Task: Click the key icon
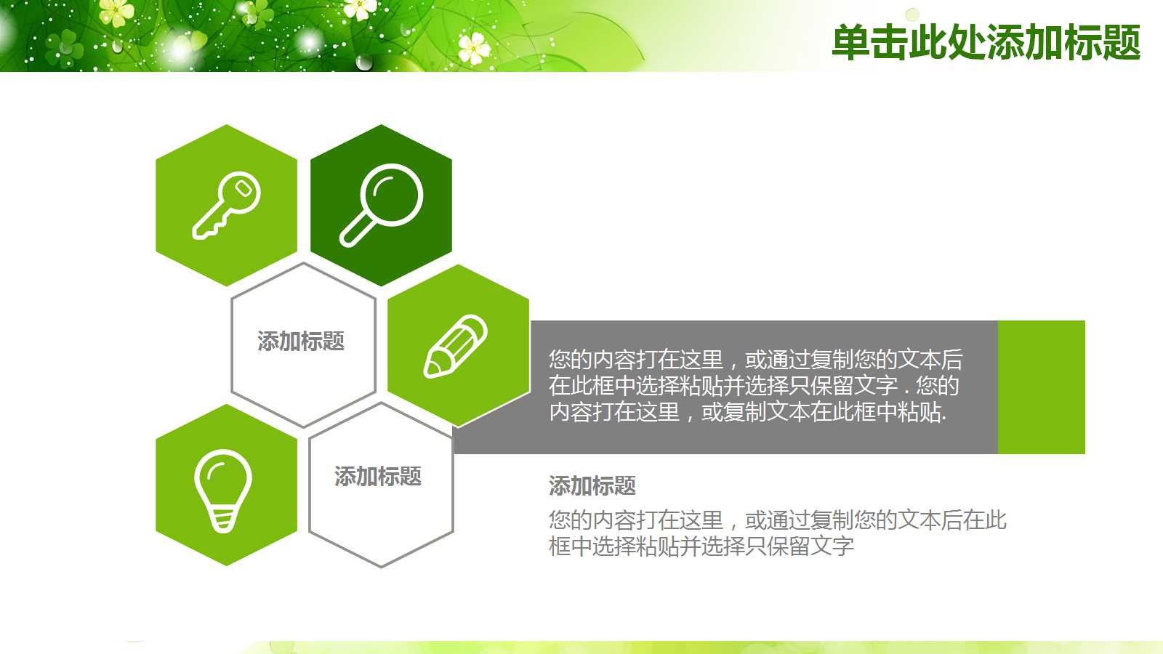click(226, 205)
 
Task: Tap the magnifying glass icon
click(381, 205)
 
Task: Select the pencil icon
click(456, 346)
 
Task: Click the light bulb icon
click(223, 490)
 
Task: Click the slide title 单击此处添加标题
click(986, 42)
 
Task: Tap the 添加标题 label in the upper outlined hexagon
click(301, 341)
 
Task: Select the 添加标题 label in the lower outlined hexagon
click(378, 476)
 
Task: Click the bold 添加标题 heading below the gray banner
click(592, 485)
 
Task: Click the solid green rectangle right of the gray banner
click(1041, 387)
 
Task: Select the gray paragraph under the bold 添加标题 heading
click(776, 533)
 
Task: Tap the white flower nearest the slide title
click(475, 48)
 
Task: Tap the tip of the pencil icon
click(430, 371)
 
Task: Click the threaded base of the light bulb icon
click(223, 519)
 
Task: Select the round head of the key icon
click(242, 192)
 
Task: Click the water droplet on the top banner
click(364, 62)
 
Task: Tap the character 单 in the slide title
click(850, 42)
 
